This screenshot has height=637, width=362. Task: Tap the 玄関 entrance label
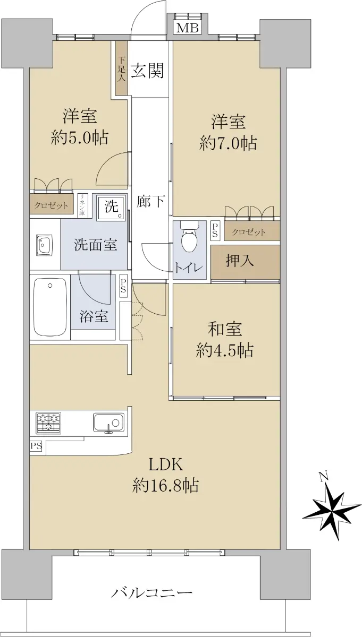148,70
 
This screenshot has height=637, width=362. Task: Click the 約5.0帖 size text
80,139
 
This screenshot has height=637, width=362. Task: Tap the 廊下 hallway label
150,201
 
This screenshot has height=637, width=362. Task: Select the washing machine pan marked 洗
111,207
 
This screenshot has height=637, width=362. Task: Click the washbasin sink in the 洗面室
44,245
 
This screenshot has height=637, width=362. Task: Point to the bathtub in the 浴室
50,307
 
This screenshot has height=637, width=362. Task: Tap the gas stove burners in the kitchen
48,423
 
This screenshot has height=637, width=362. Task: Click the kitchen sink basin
108,423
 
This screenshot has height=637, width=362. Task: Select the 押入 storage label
240,261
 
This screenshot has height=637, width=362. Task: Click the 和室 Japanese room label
225,329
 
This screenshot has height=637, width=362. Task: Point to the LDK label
166,465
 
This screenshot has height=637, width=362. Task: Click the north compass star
332,512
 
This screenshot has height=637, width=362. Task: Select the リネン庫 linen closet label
82,205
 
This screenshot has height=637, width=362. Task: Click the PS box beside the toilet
215,230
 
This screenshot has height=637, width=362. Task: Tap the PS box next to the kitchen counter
36,446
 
